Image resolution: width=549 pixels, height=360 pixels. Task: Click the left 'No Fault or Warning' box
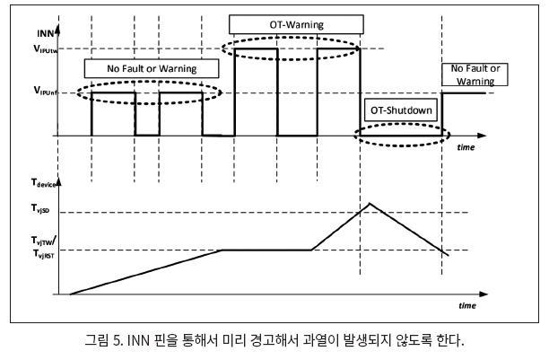(141, 67)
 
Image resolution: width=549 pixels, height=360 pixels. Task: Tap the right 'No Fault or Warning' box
(475, 74)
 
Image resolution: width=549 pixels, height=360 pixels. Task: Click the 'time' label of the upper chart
(466, 146)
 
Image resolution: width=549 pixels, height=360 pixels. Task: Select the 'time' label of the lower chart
(466, 305)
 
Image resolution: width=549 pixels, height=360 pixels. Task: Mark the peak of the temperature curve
(370, 204)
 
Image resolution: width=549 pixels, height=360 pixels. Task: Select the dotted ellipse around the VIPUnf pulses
(149, 92)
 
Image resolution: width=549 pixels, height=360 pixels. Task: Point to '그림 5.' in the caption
(105, 340)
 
